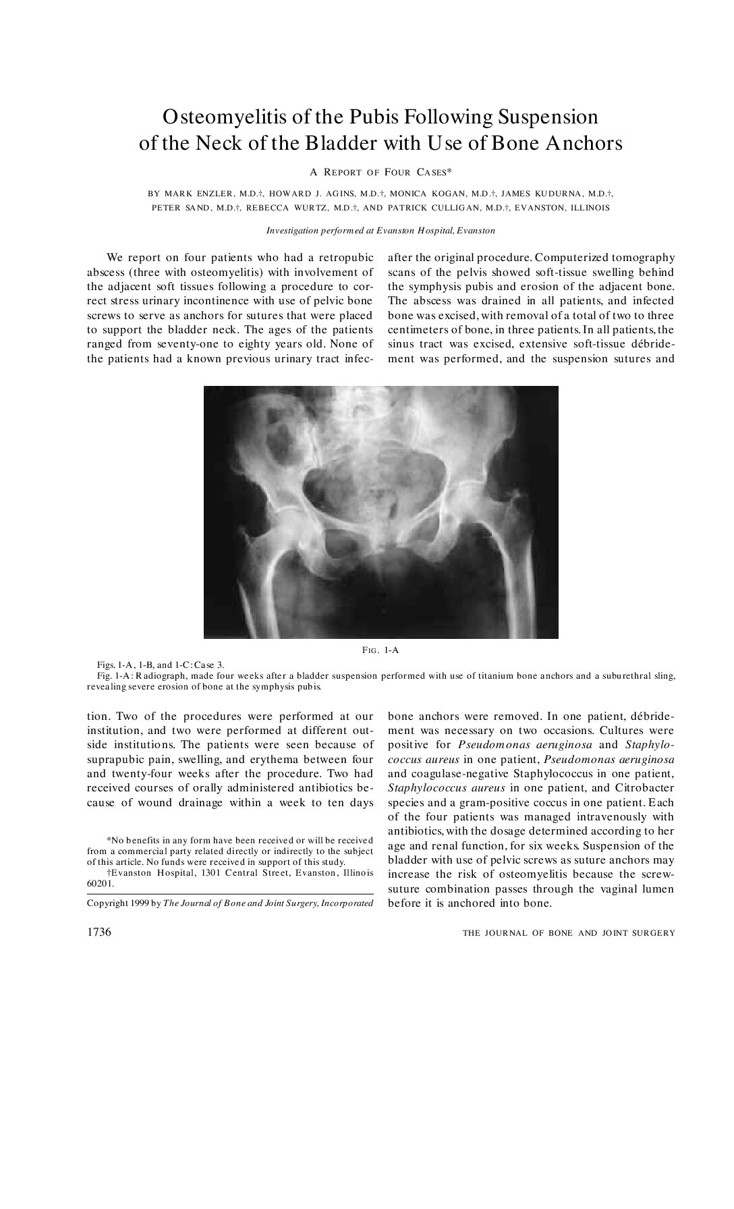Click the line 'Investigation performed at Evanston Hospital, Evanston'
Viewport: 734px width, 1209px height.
pyautogui.click(x=380, y=231)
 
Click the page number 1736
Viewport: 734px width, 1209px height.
pyautogui.click(x=99, y=932)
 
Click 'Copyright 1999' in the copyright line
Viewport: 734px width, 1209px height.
pyautogui.click(x=118, y=903)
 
